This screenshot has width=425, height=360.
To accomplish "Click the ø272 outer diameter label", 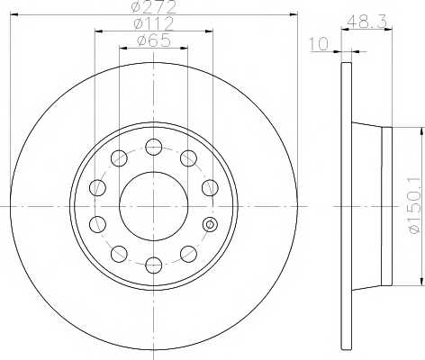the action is coord(154,7).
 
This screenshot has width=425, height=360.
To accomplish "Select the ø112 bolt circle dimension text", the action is coord(154,23).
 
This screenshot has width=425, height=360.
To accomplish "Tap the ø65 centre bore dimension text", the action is coord(154,40).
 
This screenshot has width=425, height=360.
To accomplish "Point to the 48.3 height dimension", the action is coord(366,22).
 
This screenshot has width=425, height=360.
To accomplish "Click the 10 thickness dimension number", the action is coord(319,44).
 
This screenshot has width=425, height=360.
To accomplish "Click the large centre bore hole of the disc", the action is coord(154,206).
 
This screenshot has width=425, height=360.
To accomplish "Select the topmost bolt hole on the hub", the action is coord(154,147).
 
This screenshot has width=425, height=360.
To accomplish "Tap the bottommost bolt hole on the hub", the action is coord(154,265).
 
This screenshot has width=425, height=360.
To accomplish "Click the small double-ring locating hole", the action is coord(210,224).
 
